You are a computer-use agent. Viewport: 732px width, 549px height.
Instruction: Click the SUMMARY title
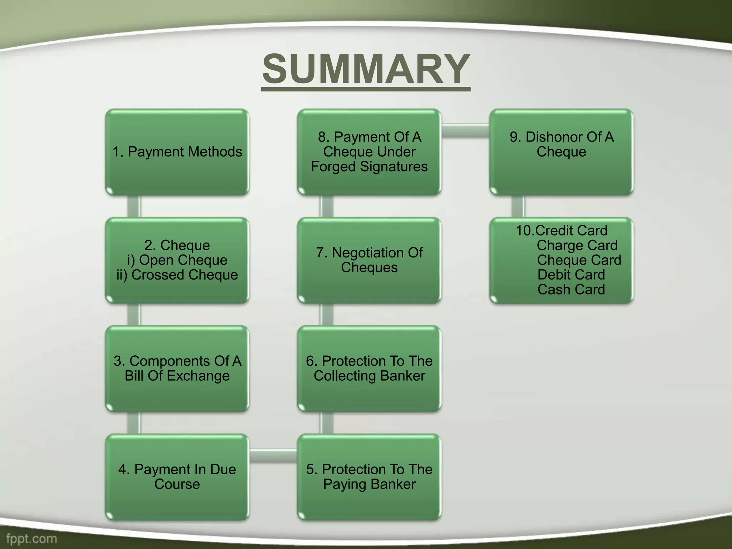[366, 69]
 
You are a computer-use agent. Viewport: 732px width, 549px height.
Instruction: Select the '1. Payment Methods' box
[177, 152]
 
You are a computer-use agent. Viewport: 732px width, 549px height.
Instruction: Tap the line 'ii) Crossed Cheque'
[177, 275]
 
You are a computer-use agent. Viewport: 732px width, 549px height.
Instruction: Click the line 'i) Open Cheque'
[177, 260]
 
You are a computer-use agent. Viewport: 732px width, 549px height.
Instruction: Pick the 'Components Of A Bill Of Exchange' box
[177, 369]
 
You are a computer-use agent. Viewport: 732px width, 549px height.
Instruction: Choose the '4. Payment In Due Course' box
[177, 477]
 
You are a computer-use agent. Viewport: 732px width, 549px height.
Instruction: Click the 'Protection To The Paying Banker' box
[369, 477]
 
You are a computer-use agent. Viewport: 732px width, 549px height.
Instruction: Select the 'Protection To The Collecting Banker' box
[369, 369]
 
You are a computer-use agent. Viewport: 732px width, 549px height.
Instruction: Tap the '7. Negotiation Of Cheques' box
[369, 260]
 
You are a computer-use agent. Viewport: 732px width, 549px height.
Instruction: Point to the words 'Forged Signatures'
[369, 167]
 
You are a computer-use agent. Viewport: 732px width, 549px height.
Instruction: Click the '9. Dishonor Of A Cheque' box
[561, 152]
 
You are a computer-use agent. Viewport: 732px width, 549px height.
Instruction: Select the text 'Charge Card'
[577, 246]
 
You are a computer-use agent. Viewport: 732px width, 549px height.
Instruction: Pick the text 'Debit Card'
[571, 275]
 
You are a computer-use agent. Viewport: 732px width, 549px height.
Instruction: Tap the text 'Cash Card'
[571, 290]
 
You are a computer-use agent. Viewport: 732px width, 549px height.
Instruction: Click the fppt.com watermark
[31, 539]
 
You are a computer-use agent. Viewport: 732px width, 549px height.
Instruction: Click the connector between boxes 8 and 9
[465, 130]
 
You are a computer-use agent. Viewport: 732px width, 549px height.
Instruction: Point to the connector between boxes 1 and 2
[134, 207]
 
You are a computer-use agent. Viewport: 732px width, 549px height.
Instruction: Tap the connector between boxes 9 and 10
[518, 207]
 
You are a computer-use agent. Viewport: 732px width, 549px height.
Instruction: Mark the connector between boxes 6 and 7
[326, 315]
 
